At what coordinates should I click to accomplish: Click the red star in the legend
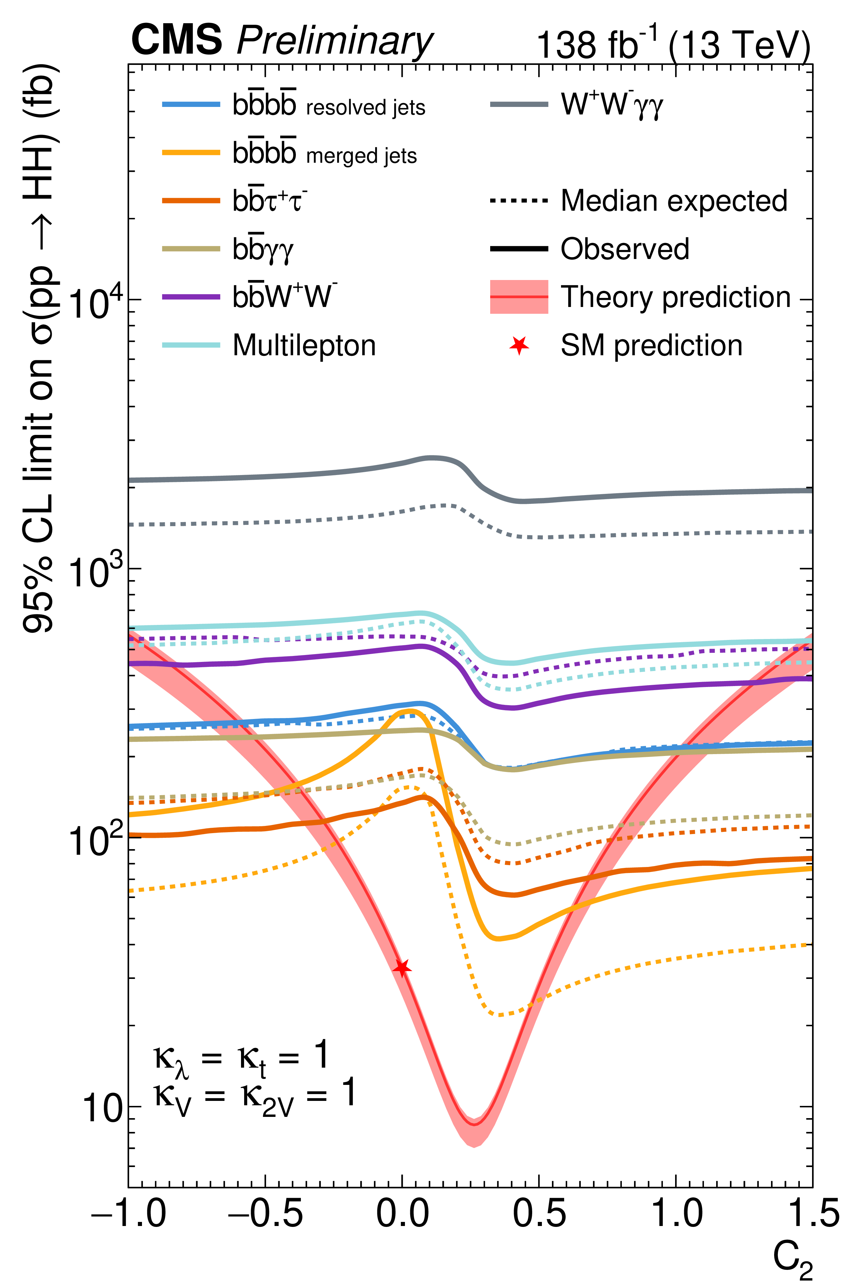519,345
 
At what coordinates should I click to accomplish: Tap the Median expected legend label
674,201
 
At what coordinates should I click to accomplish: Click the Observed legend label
625,249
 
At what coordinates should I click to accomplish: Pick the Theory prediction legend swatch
519,297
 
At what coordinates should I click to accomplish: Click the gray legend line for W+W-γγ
519,104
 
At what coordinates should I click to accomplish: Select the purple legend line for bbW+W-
191,297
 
